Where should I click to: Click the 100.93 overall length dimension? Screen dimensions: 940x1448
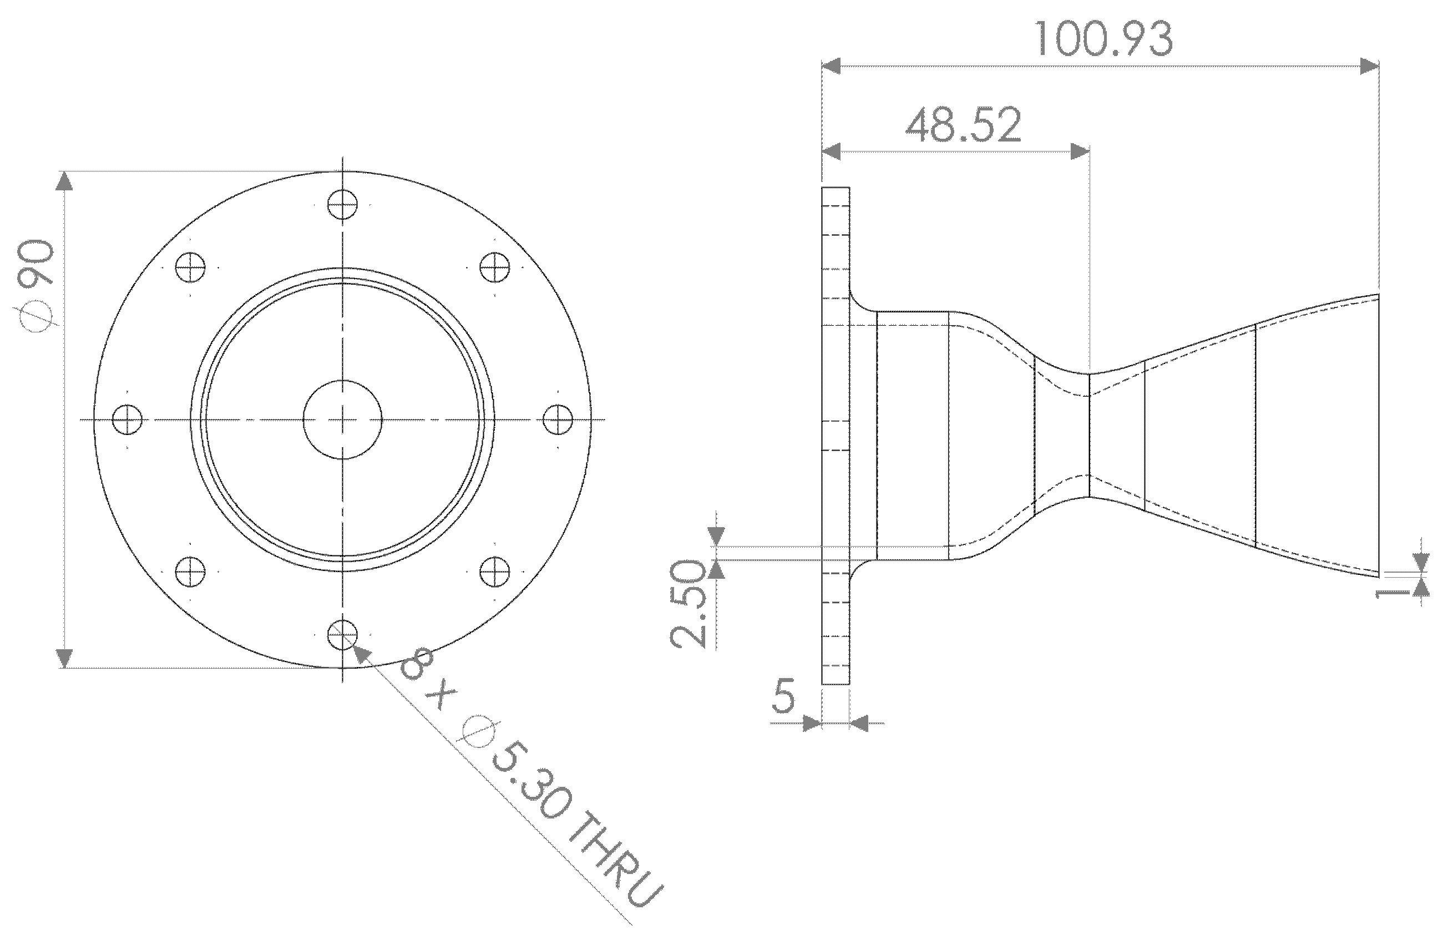[x=1103, y=39]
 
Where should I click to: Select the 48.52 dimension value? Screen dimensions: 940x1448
[x=963, y=127]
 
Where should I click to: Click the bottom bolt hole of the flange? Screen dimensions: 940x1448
[x=342, y=635]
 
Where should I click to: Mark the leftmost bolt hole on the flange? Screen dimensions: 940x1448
[x=128, y=420]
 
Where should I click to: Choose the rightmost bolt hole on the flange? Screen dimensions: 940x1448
[x=558, y=420]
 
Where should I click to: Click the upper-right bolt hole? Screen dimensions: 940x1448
[x=495, y=267]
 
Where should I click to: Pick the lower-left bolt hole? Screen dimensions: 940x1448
[x=190, y=572]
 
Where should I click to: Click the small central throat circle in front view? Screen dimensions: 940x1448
[x=342, y=420]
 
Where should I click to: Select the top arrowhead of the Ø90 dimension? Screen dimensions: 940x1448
[x=65, y=181]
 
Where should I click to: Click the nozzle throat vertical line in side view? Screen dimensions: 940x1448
[x=1088, y=435]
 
